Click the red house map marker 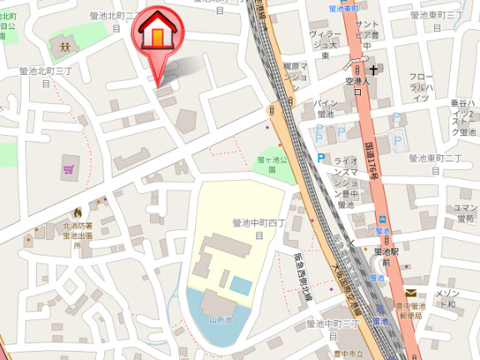[156, 32]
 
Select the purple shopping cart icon [67, 170]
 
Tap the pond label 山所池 [219, 319]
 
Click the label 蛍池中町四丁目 [258, 229]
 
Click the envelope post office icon [412, 292]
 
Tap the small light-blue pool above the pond [240, 286]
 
